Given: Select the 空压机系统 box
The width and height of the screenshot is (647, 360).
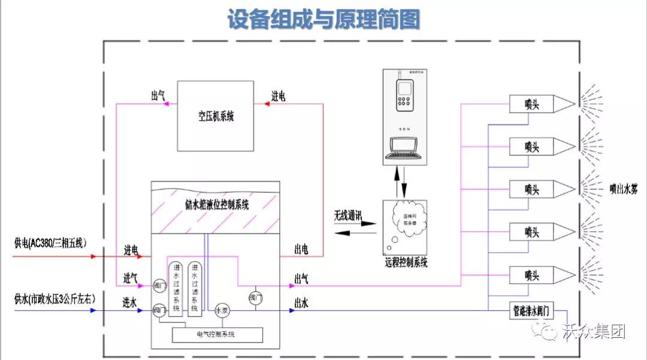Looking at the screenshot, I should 216,116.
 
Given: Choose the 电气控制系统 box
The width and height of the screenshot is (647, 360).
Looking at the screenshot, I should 217,334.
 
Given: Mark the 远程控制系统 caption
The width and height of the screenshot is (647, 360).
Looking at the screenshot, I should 406,262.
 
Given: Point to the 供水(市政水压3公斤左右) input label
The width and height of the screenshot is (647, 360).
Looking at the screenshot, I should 55,298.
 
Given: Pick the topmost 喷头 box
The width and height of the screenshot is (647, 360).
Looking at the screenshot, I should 531,104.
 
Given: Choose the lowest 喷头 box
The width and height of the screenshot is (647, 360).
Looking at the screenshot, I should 531,275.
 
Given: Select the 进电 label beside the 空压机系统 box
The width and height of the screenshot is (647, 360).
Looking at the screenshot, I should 278,96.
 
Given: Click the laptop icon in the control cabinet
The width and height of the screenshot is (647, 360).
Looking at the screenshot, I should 406,148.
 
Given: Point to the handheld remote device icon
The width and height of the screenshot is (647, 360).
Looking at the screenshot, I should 406,96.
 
